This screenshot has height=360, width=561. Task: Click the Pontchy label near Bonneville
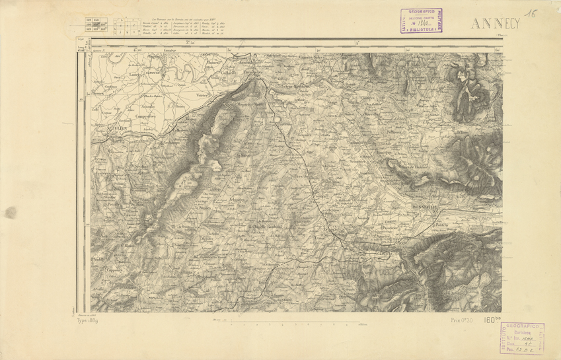coord(442,225)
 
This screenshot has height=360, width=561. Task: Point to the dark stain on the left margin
coord(11,212)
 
